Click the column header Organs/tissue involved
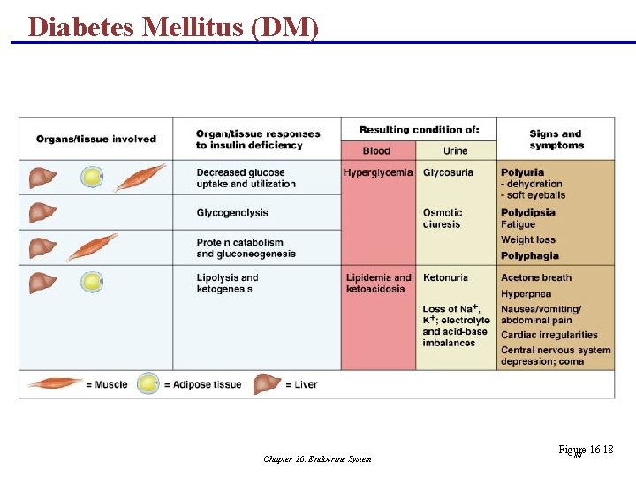(95, 139)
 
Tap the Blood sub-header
(376, 151)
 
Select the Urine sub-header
(456, 151)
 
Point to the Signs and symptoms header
(556, 140)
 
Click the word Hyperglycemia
(378, 172)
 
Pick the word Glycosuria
(448, 172)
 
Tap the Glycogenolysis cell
(232, 213)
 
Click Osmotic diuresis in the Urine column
(443, 218)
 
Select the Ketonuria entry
(445, 277)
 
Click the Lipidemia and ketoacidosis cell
(378, 283)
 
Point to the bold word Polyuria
(522, 172)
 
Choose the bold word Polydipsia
(528, 213)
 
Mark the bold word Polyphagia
(530, 256)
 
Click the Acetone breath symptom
(536, 277)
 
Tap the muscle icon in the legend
(56, 384)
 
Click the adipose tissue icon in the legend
(148, 384)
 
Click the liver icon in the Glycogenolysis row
(41, 213)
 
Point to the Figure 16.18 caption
(585, 450)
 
